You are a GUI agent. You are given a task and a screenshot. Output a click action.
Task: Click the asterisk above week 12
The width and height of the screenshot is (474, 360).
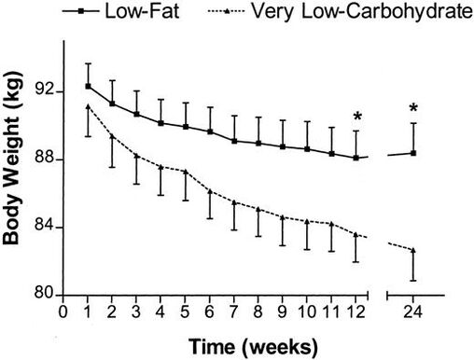pyautogui.click(x=356, y=118)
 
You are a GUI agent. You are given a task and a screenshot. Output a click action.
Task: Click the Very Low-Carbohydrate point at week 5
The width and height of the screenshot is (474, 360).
pyautogui.click(x=186, y=172)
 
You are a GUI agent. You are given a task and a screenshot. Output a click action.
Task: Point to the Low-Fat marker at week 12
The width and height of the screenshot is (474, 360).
pyautogui.click(x=356, y=158)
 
